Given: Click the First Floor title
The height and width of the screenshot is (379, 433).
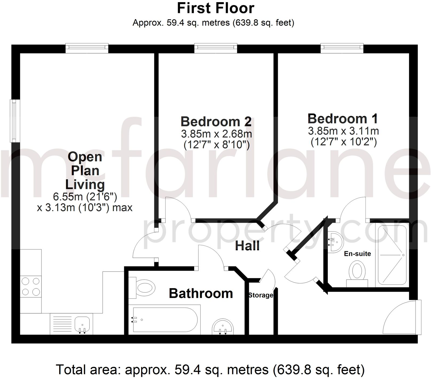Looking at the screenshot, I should (215, 8).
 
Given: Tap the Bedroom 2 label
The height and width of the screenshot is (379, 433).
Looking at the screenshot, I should (216, 122).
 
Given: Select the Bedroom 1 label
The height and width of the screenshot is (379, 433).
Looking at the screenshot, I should (343, 119).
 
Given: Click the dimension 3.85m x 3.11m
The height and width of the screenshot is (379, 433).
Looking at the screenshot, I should (343, 131).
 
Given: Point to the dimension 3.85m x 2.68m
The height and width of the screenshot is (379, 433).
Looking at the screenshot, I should (216, 134).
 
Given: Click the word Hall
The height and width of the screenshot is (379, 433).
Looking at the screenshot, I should (247, 246).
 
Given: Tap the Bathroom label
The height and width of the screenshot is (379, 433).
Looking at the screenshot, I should (201, 293).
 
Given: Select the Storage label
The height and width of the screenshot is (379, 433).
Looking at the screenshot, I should (260, 295).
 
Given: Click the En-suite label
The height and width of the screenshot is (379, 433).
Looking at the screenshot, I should (357, 254).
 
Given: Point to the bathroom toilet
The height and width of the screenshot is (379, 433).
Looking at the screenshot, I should (143, 288).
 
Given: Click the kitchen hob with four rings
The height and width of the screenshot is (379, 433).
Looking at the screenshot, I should (31, 287).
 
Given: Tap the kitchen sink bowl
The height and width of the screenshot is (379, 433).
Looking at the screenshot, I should (83, 323).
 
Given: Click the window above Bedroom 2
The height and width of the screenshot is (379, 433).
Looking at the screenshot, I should (216, 48).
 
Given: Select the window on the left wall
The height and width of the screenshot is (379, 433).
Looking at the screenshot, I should (15, 121).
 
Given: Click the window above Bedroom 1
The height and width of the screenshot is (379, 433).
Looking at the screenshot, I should (342, 48).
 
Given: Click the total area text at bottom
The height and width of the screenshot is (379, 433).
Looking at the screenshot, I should (210, 370).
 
